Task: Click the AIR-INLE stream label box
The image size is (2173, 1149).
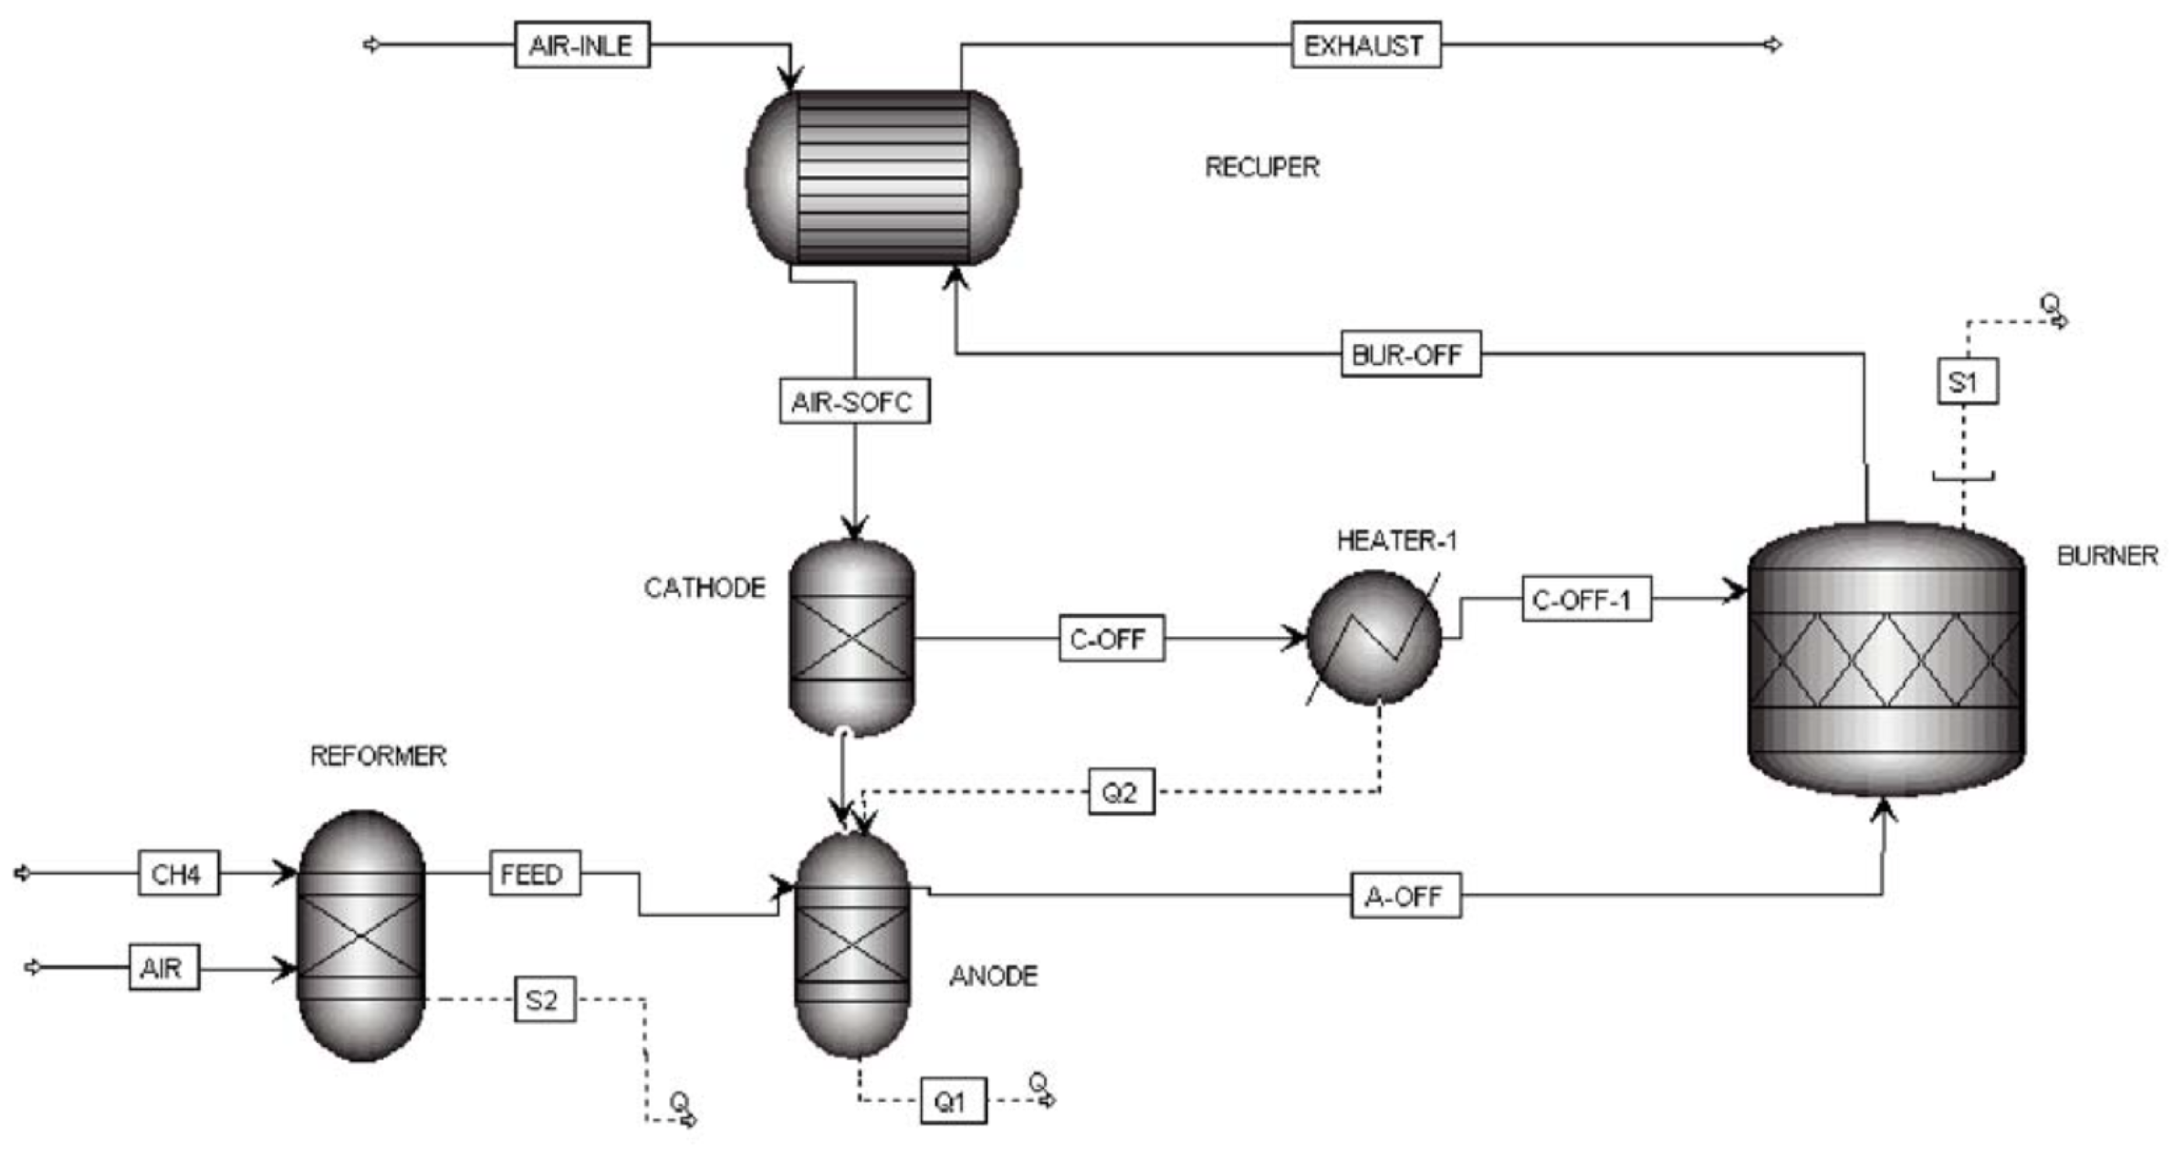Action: [581, 45]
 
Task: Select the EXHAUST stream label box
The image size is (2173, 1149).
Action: [1365, 45]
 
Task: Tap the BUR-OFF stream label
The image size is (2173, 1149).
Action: [1410, 354]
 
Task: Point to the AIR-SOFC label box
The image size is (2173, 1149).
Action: [854, 401]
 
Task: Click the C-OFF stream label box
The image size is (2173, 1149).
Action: [1111, 638]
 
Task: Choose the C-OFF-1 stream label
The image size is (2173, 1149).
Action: [1586, 599]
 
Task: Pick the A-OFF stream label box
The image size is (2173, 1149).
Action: [1405, 895]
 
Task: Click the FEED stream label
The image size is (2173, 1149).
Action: [534, 873]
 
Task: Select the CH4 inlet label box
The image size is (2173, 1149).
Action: [178, 873]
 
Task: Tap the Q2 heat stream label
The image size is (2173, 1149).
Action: [1121, 791]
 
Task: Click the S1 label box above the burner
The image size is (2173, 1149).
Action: [1967, 381]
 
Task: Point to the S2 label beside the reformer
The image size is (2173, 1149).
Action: [544, 999]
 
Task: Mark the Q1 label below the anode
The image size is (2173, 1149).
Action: [952, 1101]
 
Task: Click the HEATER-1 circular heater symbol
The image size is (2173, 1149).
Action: [1374, 637]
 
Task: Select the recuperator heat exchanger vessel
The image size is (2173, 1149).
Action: [883, 177]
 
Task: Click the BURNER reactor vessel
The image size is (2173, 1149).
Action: [1886, 659]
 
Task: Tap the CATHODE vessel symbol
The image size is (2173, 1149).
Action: [851, 637]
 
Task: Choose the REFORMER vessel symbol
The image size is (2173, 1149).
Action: [361, 935]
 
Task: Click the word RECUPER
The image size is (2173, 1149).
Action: [1262, 167]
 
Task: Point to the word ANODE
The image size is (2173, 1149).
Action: [993, 976]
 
